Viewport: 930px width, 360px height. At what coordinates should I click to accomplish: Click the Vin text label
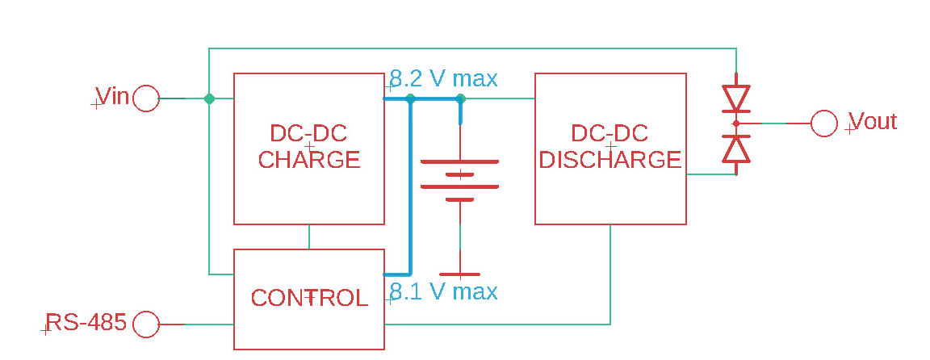point(113,96)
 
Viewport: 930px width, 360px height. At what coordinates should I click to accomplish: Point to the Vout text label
point(873,122)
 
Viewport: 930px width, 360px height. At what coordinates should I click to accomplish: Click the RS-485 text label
point(86,323)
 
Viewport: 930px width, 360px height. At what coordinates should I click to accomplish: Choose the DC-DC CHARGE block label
point(309,146)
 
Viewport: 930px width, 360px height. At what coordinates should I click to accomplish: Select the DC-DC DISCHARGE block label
point(610,146)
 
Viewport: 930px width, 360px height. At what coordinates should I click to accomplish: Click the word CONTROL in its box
point(309,298)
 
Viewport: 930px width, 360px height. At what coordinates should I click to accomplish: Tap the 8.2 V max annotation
point(444,78)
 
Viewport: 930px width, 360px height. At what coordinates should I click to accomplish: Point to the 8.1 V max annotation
point(444,292)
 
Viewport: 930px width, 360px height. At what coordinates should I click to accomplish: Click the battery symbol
point(459,180)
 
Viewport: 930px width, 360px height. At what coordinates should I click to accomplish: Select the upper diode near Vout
point(736,98)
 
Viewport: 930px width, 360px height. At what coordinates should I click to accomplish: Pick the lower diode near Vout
point(736,149)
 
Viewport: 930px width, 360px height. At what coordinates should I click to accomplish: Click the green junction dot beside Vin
point(209,98)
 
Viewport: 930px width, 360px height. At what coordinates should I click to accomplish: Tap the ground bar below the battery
point(459,274)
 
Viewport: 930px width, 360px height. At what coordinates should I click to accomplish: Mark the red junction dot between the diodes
point(736,123)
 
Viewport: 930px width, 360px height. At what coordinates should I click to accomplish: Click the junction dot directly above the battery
point(460,98)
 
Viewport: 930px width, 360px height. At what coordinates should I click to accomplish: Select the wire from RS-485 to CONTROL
point(197,324)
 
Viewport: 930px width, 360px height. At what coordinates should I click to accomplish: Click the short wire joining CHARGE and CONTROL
point(309,237)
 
